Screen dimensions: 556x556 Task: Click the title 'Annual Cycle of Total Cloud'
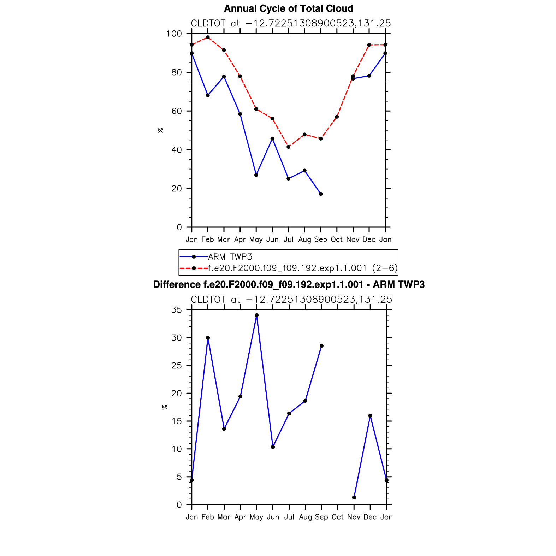click(288, 8)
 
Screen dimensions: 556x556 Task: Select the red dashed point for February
click(208, 37)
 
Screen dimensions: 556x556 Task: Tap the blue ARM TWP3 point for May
click(256, 175)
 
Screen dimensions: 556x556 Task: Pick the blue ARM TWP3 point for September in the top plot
click(321, 194)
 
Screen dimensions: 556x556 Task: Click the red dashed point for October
click(337, 117)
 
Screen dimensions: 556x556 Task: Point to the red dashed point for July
click(289, 147)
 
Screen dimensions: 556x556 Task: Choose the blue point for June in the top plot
click(272, 138)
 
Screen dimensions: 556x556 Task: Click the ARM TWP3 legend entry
click(230, 257)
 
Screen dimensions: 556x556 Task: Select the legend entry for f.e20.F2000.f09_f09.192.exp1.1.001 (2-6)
click(302, 268)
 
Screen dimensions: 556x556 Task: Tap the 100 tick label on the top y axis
click(174, 34)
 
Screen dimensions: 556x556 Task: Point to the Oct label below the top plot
click(337, 239)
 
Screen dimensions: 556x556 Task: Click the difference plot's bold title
click(289, 285)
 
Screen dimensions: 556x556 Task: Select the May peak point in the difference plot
click(256, 315)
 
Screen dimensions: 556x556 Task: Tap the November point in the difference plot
click(354, 498)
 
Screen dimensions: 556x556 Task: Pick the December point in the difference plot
click(370, 416)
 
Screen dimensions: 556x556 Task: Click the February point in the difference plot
click(208, 338)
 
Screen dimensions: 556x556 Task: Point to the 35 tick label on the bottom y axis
click(176, 310)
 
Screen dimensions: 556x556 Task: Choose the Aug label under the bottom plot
click(305, 517)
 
